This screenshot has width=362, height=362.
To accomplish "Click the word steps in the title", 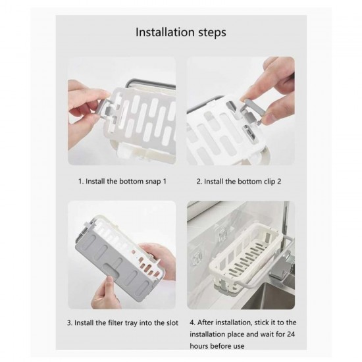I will pos(211,31).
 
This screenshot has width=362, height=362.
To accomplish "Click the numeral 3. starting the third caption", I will pos(70,324).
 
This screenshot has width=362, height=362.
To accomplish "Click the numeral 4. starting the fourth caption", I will pos(192,324).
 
